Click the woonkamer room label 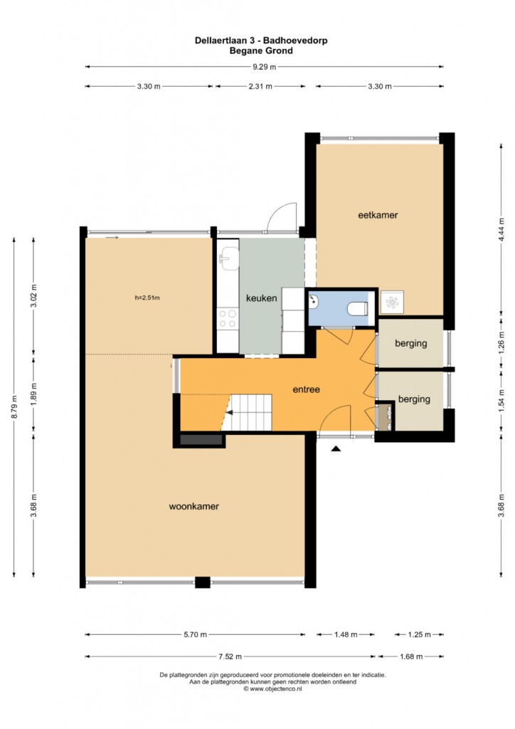point(193,506)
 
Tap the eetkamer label point(378,215)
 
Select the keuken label point(262,298)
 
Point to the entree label point(306,389)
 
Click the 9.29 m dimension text point(264,66)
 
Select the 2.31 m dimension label point(260,86)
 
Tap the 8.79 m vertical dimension point(14,407)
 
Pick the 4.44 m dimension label point(501,230)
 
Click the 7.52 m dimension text point(230,656)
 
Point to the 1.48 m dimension point(346,634)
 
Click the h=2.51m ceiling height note point(147,298)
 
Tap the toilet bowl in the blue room point(358,308)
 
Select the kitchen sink point(229,258)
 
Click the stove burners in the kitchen point(228,318)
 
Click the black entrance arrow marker point(336,449)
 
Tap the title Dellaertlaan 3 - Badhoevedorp point(261,41)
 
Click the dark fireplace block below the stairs point(201,439)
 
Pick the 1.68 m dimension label point(411,656)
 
